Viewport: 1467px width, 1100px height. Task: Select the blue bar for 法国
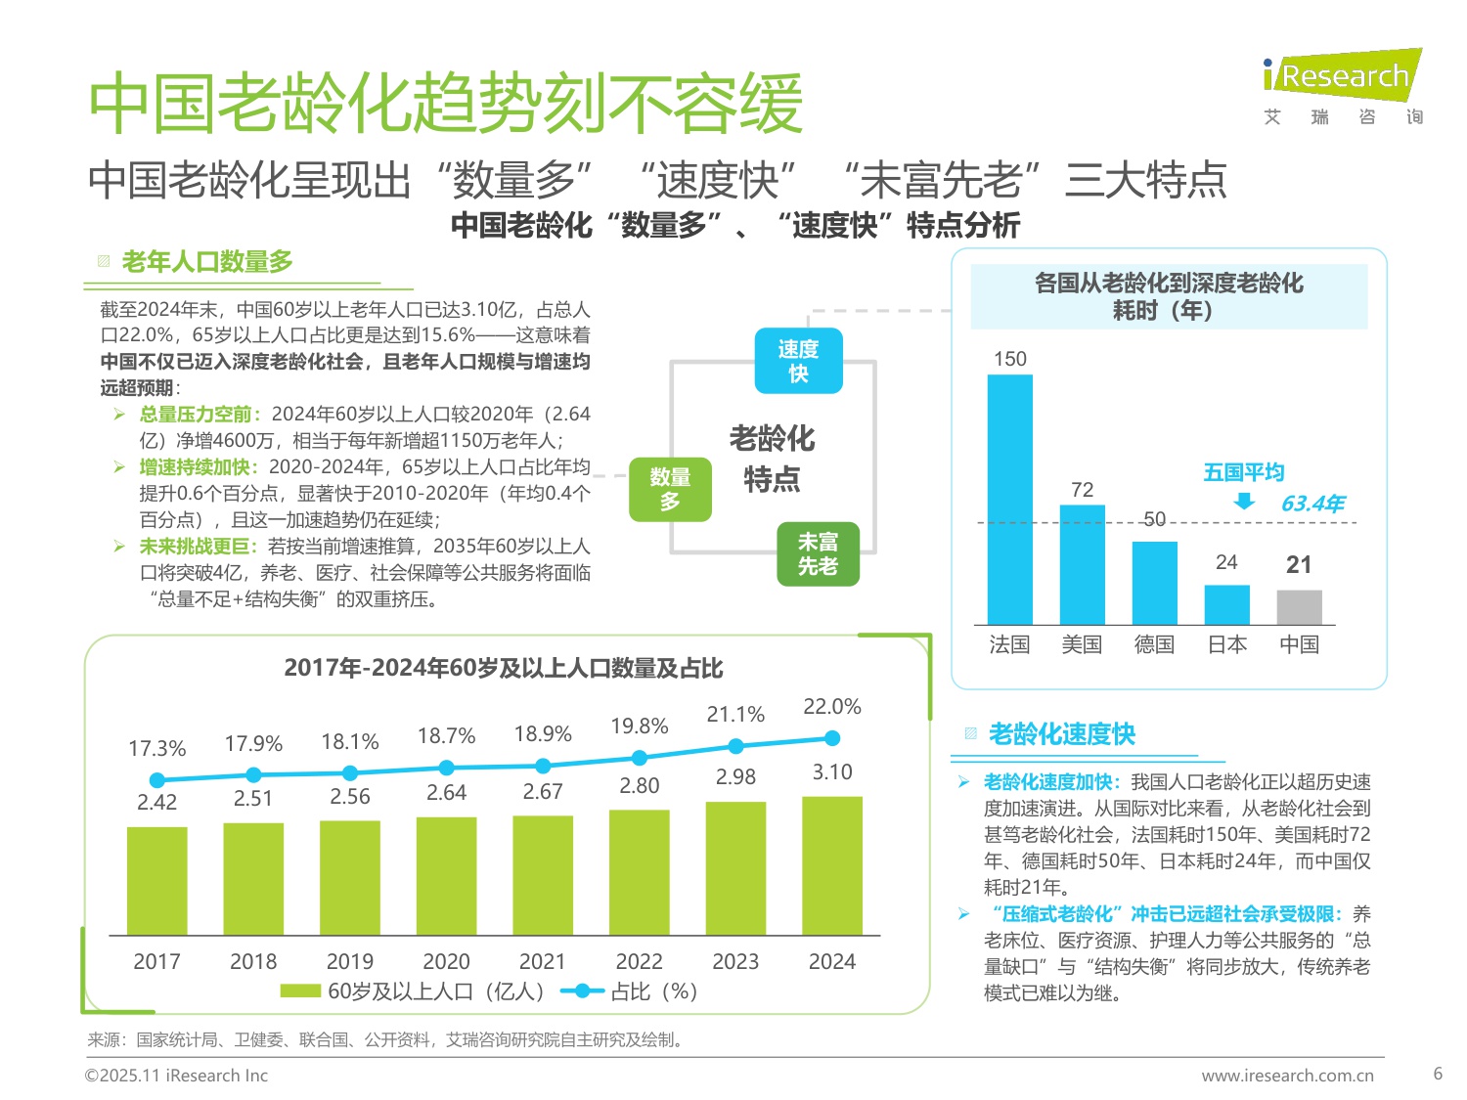pos(1009,500)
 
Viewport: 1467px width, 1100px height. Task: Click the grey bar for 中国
pos(1299,607)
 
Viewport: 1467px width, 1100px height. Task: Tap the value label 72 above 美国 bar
pos(1082,490)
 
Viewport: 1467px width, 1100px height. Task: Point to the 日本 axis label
pos(1226,645)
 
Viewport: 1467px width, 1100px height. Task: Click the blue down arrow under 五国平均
pos(1244,502)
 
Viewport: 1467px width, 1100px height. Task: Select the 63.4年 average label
pos(1312,504)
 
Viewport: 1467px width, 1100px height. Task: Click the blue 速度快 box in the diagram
pos(798,361)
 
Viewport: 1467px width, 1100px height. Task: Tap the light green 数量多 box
pos(670,489)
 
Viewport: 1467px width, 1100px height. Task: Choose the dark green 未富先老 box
pos(818,554)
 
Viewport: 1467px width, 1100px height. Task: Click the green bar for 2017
pos(156,881)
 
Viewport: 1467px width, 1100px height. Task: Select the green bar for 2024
pos(832,865)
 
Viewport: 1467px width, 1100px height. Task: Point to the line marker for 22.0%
pos(832,738)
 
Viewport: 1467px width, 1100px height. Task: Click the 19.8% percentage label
pos(640,726)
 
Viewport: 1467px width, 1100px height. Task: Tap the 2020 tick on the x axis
pos(446,962)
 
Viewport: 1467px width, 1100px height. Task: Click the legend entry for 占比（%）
pos(631,991)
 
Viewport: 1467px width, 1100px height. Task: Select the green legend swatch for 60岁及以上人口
pos(299,991)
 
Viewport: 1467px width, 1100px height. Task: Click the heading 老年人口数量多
pos(206,262)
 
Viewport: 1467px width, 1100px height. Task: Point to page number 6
pos(1438,1074)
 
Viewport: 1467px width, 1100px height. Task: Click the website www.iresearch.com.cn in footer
pos(1287,1076)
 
